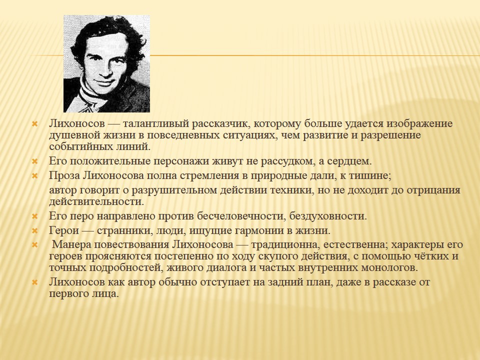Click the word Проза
pyautogui.click(x=64, y=175)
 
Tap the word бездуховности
pyautogui.click(x=328, y=216)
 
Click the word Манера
pyautogui.click(x=71, y=244)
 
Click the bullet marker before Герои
pyautogui.click(x=35, y=230)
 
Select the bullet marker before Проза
pyautogui.click(x=35, y=176)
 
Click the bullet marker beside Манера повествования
pyautogui.click(x=35, y=245)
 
